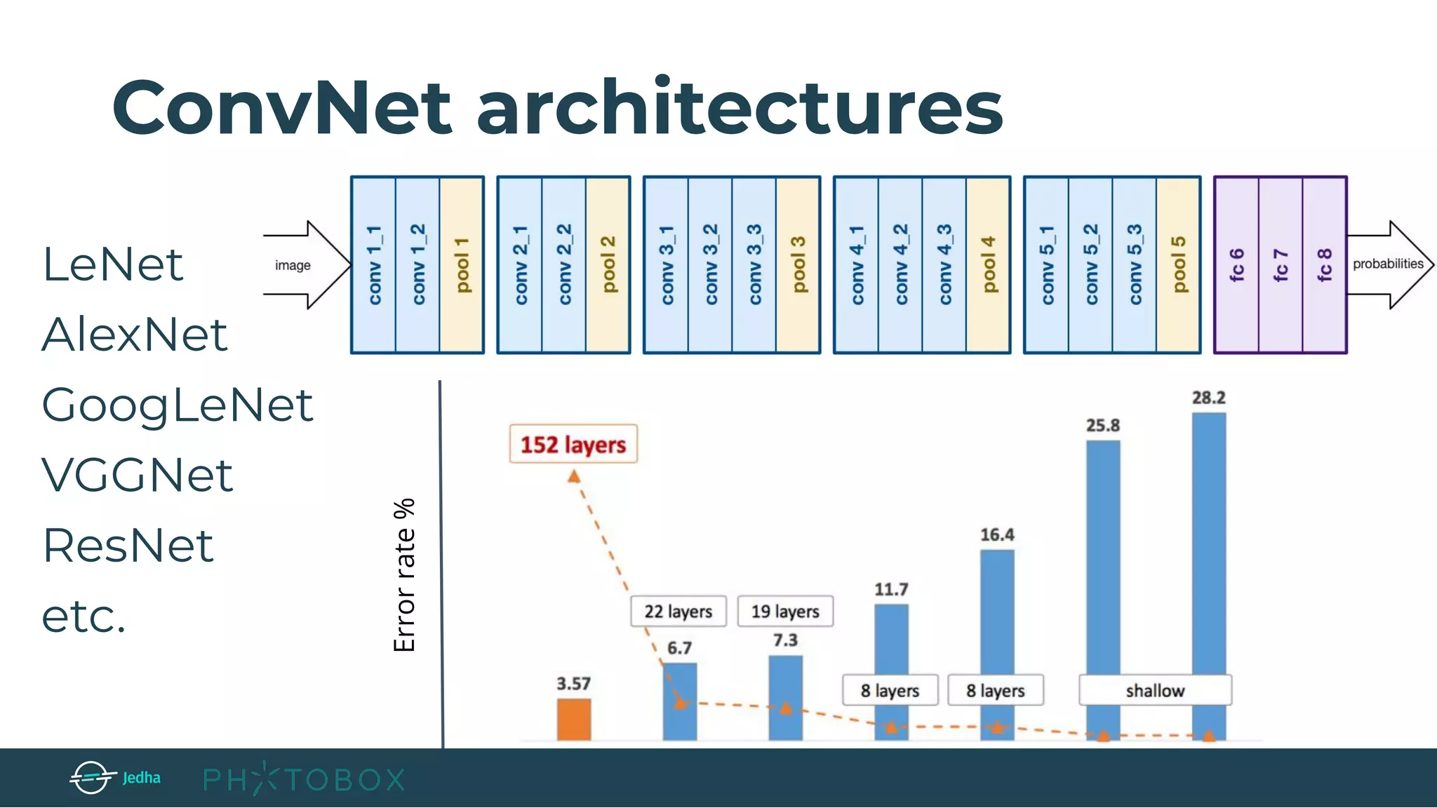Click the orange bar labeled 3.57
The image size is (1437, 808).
574,719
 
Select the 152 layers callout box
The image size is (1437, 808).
573,444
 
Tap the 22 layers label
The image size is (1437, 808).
679,612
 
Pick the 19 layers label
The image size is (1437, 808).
785,612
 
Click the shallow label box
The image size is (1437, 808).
1155,691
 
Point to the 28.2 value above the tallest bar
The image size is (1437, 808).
1208,398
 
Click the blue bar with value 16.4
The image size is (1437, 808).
997,610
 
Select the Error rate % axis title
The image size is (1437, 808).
405,575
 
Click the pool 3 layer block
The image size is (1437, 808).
798,265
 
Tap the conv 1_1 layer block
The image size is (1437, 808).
374,265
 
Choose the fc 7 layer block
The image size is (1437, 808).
1281,265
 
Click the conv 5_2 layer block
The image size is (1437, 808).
1090,265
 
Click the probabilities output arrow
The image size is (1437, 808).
1389,264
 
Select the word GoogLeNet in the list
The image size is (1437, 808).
177,405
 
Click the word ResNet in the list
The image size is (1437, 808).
128,546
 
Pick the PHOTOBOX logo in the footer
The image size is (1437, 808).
304,779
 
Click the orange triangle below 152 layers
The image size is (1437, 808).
574,477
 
